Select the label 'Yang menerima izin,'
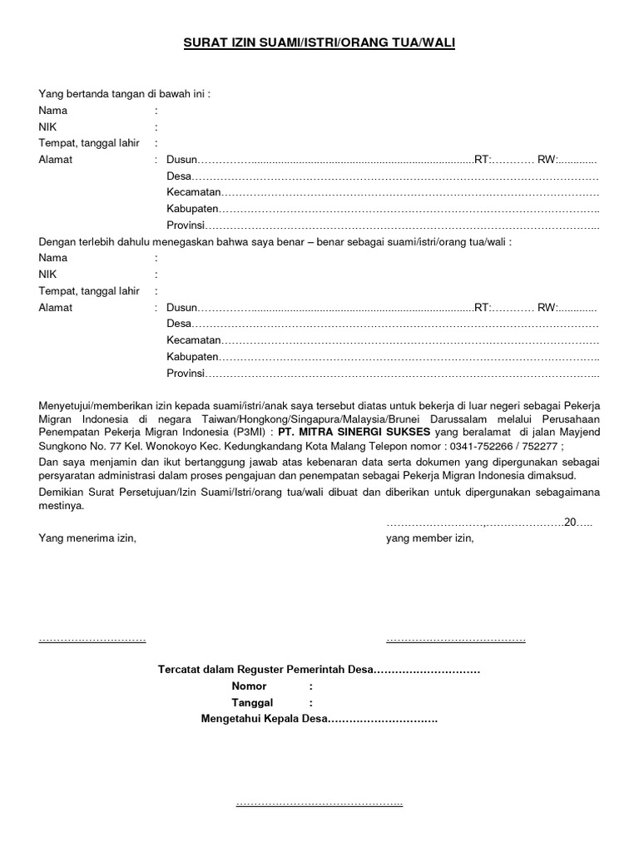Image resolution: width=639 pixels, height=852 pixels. point(87,538)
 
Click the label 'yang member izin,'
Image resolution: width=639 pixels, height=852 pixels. point(429,538)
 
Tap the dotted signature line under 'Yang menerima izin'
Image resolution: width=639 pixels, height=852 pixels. point(92,639)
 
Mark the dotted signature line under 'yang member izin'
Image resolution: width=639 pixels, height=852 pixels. point(455,639)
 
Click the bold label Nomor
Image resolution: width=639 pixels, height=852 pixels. point(249,686)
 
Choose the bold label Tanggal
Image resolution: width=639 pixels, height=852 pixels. point(252,703)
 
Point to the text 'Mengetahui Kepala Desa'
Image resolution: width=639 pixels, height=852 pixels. point(265,720)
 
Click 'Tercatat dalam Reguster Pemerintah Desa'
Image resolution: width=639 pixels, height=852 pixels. point(265,670)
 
